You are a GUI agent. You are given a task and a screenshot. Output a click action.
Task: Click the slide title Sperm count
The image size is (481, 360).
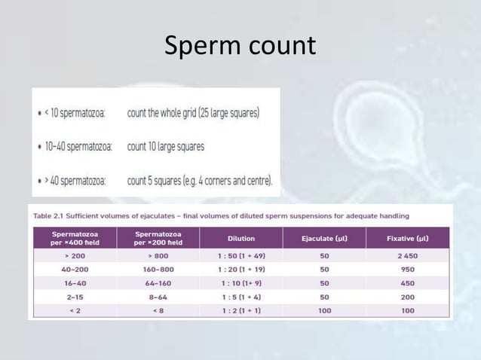(240, 47)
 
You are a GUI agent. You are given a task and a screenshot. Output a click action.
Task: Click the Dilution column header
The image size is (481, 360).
(240, 238)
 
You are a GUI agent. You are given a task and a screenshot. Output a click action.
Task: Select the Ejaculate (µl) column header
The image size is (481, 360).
(324, 238)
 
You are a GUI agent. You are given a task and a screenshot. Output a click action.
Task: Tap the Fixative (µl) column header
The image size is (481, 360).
(407, 238)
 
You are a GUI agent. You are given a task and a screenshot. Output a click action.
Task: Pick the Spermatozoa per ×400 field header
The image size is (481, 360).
(73, 238)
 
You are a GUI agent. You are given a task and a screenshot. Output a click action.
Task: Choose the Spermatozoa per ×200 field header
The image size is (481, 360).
(158, 238)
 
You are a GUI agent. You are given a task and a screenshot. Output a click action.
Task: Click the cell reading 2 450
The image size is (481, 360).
(407, 256)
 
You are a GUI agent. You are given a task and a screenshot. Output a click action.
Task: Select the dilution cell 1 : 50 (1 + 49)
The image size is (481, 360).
(240, 256)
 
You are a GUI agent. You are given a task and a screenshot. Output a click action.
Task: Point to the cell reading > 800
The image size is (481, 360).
(158, 256)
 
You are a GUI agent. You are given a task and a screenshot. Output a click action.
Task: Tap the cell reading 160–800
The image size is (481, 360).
(158, 270)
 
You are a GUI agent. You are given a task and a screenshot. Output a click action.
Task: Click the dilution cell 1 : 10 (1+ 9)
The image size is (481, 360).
(240, 283)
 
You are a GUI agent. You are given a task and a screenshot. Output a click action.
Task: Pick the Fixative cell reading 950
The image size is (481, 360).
(407, 270)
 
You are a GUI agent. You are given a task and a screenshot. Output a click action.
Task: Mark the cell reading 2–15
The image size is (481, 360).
(73, 297)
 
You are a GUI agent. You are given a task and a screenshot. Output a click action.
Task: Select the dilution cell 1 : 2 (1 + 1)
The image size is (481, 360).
(240, 310)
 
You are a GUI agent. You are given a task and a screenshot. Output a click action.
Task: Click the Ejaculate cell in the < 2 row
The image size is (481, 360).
(324, 310)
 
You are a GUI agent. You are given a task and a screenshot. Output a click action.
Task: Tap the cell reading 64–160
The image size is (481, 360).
(158, 283)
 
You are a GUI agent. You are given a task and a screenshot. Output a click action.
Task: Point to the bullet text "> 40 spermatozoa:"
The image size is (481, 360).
(78, 181)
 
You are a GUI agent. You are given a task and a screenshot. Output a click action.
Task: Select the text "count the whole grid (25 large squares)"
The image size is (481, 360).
(193, 113)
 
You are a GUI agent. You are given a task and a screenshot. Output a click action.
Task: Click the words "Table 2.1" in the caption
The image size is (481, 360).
(47, 215)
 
